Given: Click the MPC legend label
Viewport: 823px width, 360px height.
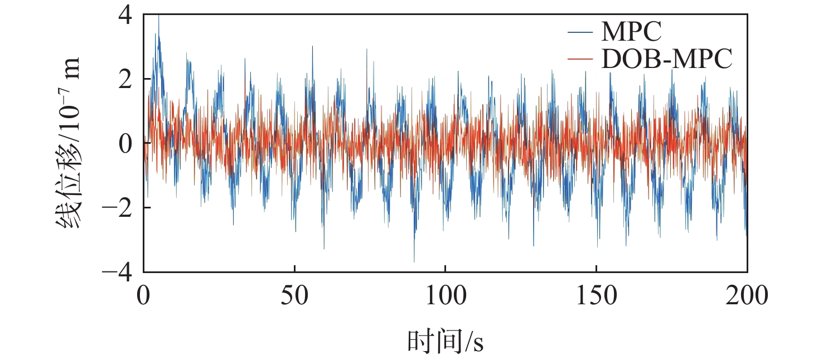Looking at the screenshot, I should point(631,32).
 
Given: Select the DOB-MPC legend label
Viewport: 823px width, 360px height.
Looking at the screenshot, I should point(666,59).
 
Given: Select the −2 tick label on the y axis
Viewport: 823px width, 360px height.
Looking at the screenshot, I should point(118,208).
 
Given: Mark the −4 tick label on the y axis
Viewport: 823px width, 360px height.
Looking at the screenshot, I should point(118,273).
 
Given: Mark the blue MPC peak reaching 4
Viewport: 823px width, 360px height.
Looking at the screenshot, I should point(159,17).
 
